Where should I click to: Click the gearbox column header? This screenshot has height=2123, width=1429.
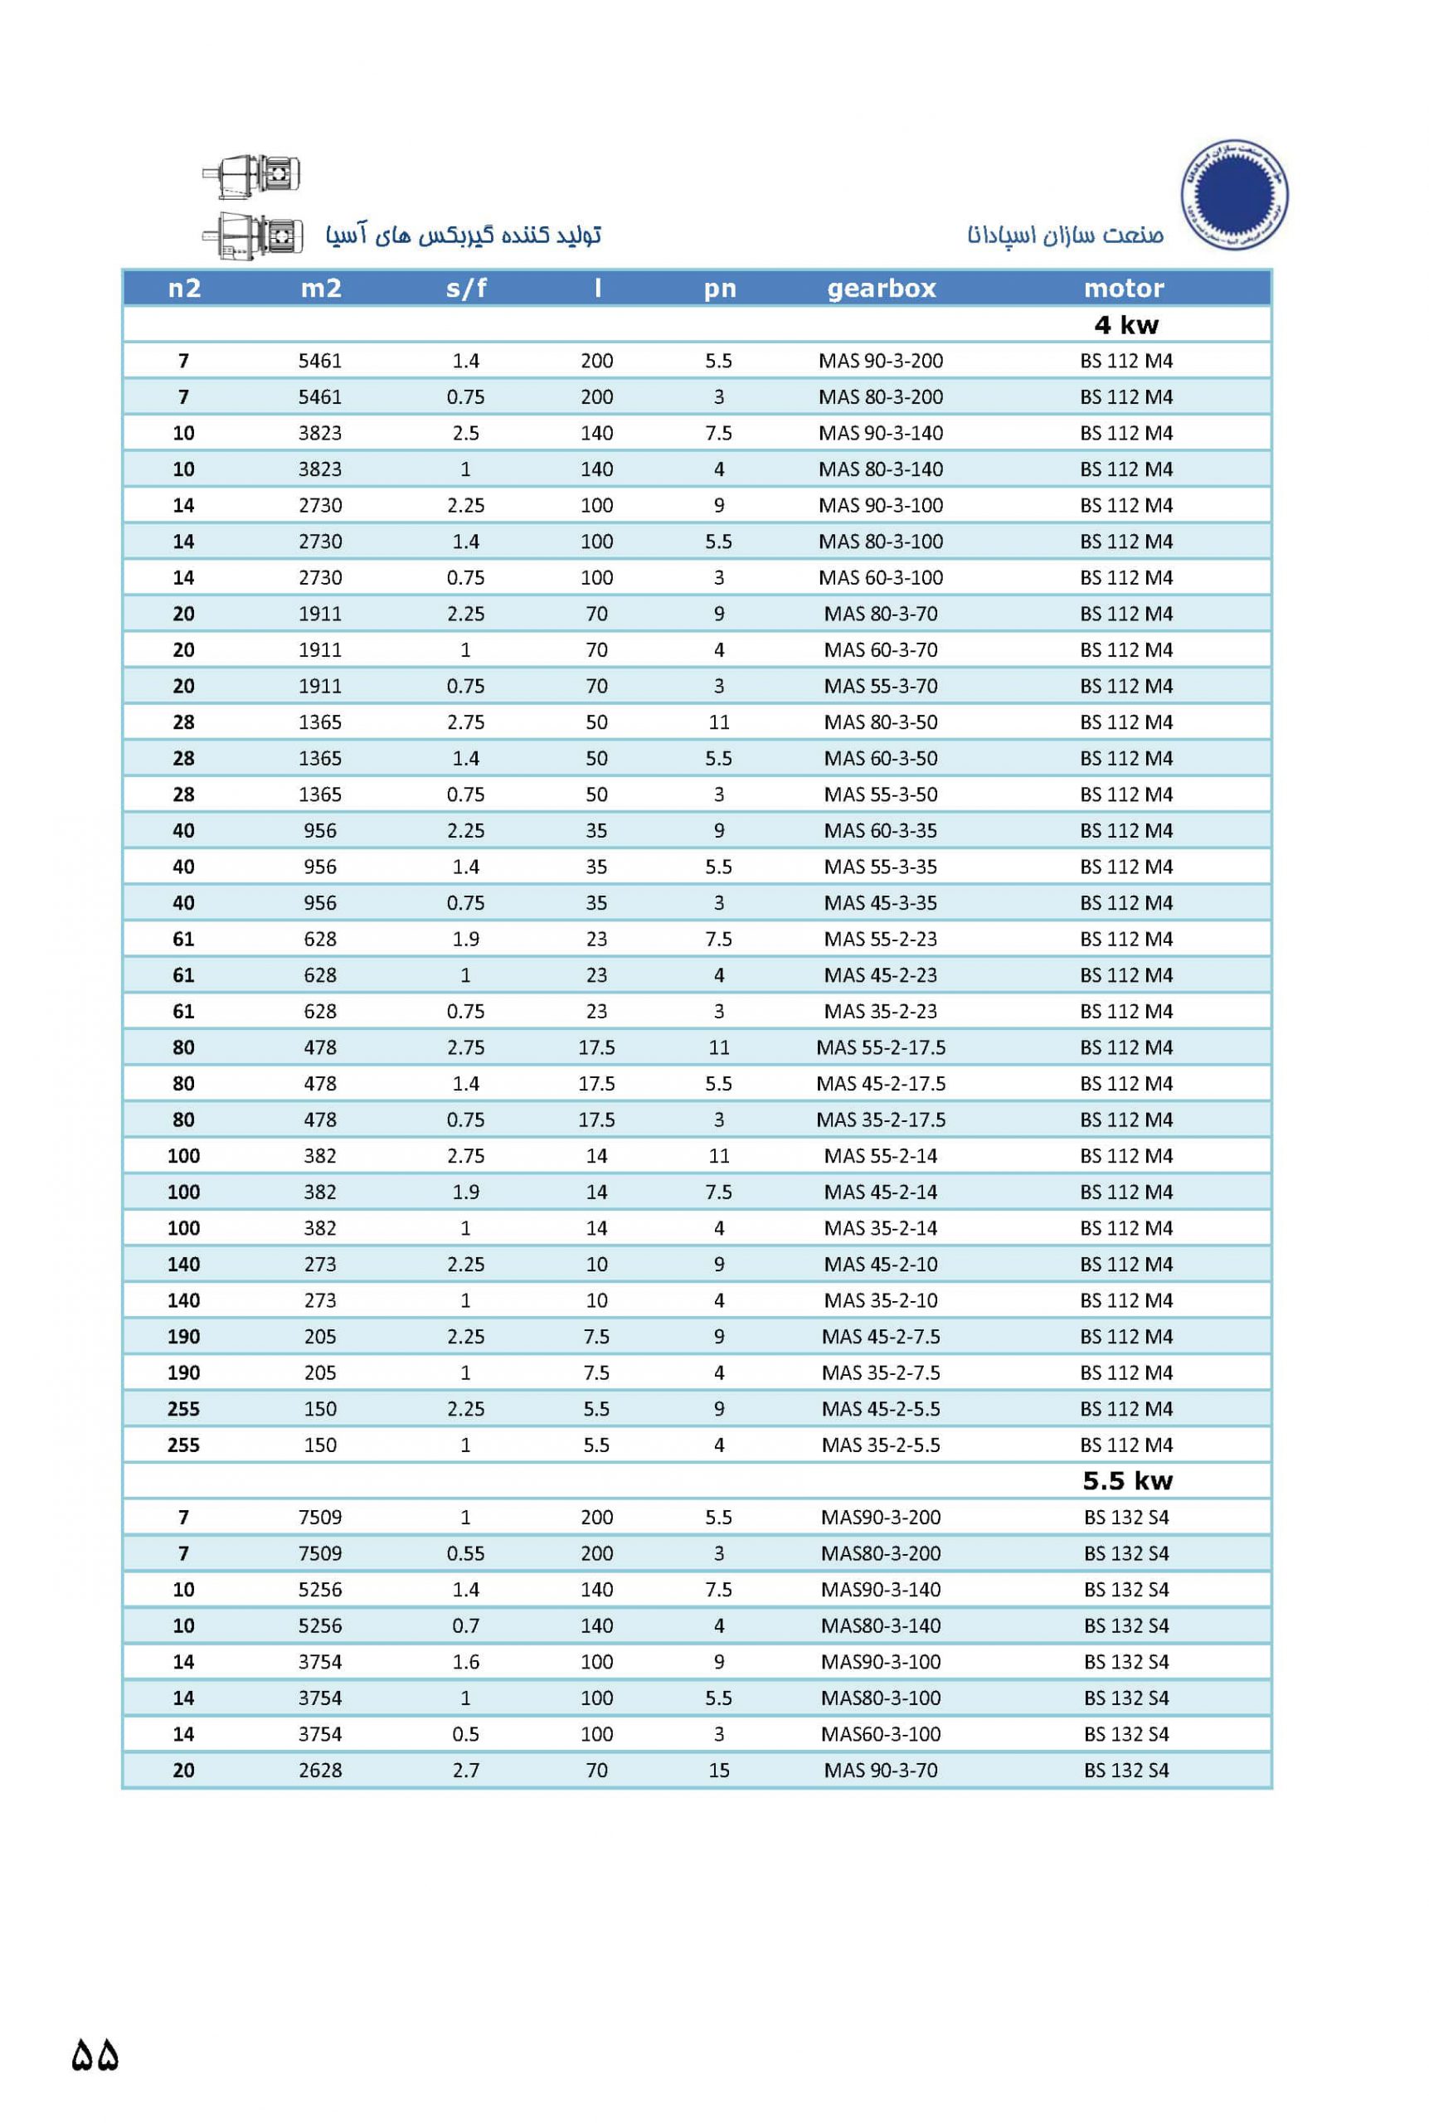(882, 289)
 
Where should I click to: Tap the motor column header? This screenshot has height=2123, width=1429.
(1124, 289)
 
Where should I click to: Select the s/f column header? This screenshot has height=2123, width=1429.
(466, 289)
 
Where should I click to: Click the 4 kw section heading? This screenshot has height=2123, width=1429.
(1126, 325)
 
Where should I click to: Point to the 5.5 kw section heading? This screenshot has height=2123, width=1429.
(1127, 1480)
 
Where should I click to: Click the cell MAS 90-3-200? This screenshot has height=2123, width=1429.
(880, 361)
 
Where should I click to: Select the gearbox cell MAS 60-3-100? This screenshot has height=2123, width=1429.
(880, 578)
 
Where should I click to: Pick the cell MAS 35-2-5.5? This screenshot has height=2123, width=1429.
(880, 1445)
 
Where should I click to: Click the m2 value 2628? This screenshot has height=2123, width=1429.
(320, 1771)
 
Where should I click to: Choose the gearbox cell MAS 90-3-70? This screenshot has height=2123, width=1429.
(880, 1771)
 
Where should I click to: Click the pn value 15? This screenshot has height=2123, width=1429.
(719, 1771)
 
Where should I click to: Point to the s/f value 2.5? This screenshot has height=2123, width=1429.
(466, 434)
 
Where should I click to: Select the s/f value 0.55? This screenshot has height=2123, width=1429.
(466, 1553)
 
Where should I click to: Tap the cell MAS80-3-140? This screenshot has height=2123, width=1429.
(880, 1625)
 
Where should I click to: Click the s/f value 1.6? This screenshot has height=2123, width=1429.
(466, 1662)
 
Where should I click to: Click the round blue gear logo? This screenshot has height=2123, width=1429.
(1235, 194)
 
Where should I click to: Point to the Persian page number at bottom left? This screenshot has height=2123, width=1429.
(95, 2057)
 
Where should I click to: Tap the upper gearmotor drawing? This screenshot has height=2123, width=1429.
(252, 175)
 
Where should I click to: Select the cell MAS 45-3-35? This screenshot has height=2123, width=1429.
(880, 903)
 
